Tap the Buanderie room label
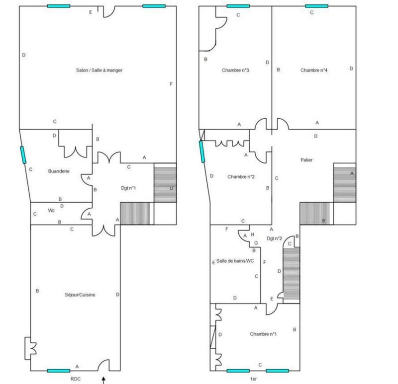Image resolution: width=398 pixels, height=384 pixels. (x=58, y=171)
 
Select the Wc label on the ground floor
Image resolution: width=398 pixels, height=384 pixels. (x=51, y=210)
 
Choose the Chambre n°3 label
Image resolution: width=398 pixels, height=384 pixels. (x=235, y=71)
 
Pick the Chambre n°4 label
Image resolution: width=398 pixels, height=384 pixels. (x=314, y=71)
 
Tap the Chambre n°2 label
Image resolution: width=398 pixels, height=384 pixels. (x=241, y=177)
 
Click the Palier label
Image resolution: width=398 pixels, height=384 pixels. (x=307, y=160)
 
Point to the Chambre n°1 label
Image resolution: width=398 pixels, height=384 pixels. (x=263, y=334)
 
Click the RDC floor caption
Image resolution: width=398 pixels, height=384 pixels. (x=75, y=379)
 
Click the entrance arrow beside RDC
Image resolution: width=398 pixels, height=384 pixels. (x=103, y=380)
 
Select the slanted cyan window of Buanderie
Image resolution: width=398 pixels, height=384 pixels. (x=23, y=154)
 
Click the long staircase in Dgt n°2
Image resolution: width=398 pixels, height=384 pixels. (x=291, y=271)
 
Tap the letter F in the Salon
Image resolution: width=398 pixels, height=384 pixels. (x=171, y=83)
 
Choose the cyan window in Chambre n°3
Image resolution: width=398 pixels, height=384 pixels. (x=238, y=6)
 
